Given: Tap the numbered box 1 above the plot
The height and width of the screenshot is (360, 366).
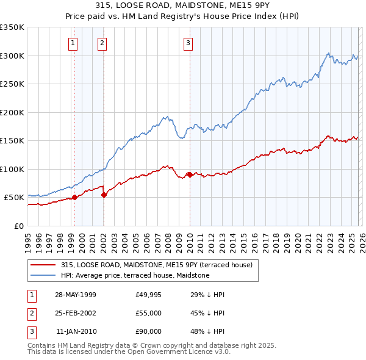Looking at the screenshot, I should (x=73, y=43).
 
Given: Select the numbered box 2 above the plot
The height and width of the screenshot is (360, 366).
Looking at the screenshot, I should (x=101, y=43).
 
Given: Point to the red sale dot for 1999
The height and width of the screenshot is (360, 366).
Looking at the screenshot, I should (x=74, y=197).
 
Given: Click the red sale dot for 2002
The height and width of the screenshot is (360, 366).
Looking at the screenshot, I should (x=104, y=195).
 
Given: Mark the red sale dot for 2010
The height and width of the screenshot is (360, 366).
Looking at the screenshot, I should (x=189, y=175).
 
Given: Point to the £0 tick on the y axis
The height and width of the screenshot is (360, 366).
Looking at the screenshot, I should (x=19, y=226).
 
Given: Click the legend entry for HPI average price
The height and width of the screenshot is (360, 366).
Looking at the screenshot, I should (x=135, y=275).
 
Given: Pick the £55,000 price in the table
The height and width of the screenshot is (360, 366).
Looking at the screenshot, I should (x=149, y=313).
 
